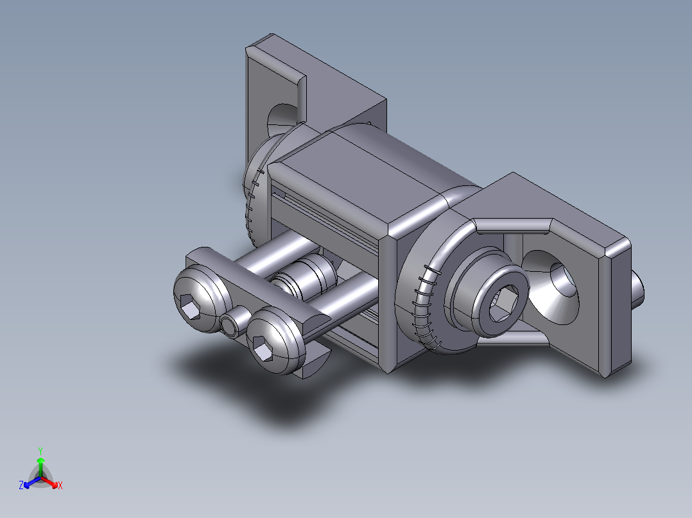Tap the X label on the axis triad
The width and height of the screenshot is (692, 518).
[60, 486]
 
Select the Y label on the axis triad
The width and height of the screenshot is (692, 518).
[40, 451]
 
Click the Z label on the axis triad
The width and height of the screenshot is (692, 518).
[21, 486]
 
